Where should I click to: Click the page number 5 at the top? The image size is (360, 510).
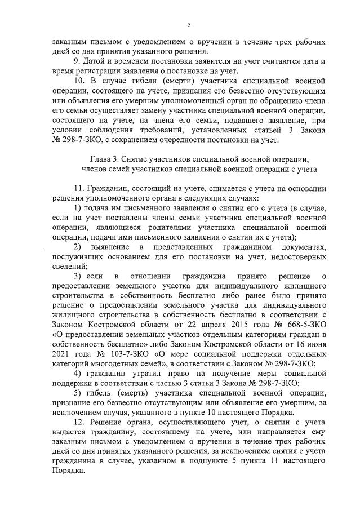[189, 25]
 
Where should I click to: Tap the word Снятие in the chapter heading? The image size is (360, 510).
[140, 159]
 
